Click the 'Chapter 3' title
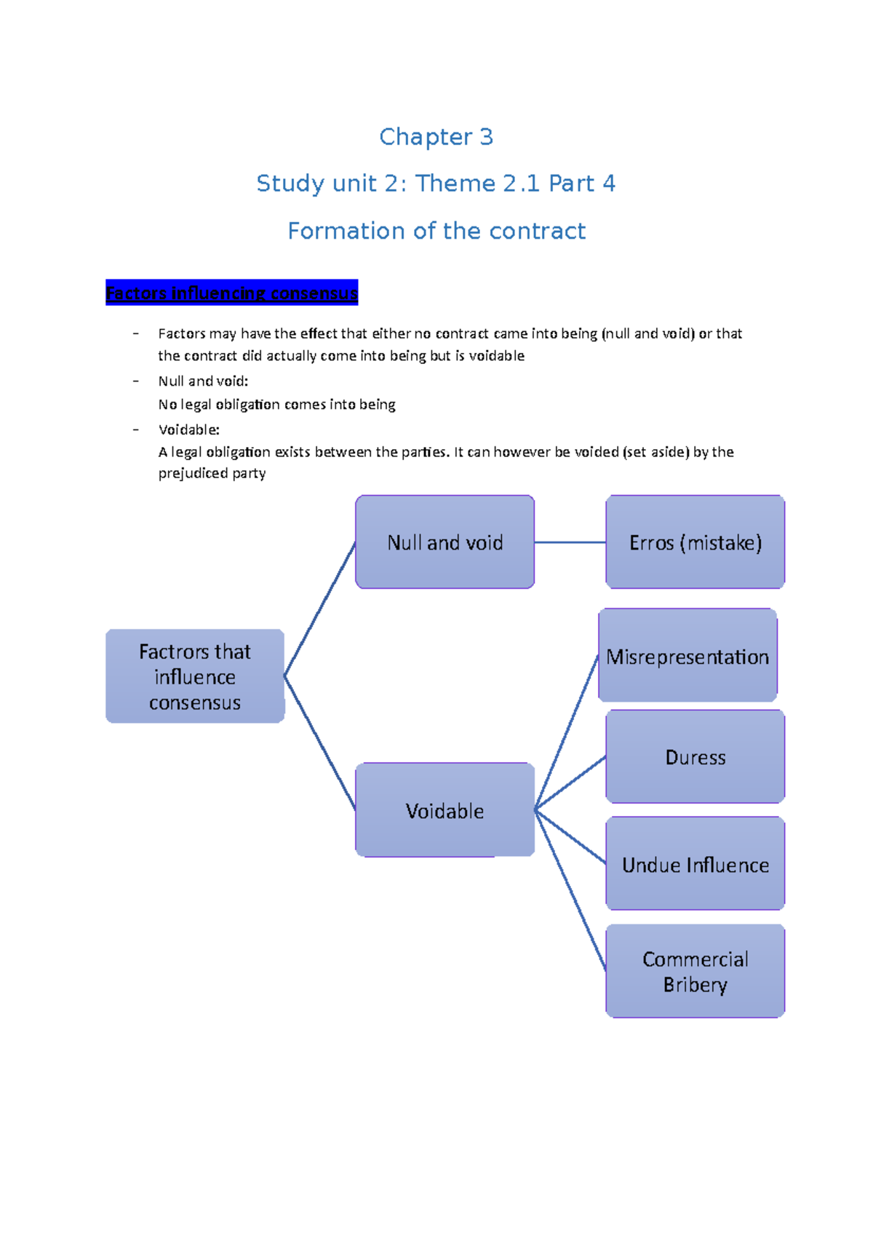pos(436,137)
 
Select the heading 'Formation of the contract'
pos(436,231)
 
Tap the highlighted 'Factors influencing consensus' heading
pos(231,293)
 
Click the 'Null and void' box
pos(445,542)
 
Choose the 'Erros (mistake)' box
pos(695,542)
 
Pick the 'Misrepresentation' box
pos(687,656)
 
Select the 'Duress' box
pos(695,757)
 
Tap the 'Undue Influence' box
pos(695,864)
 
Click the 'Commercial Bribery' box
pos(695,971)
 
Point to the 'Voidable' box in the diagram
pos(445,810)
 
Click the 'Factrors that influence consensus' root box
pos(195,676)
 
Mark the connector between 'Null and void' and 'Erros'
pos(570,542)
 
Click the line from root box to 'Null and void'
pos(320,609)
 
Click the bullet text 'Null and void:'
pos(203,381)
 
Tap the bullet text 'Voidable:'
pos(188,429)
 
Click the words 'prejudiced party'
pos(212,473)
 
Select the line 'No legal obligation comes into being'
pos(276,404)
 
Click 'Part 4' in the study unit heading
pos(582,183)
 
